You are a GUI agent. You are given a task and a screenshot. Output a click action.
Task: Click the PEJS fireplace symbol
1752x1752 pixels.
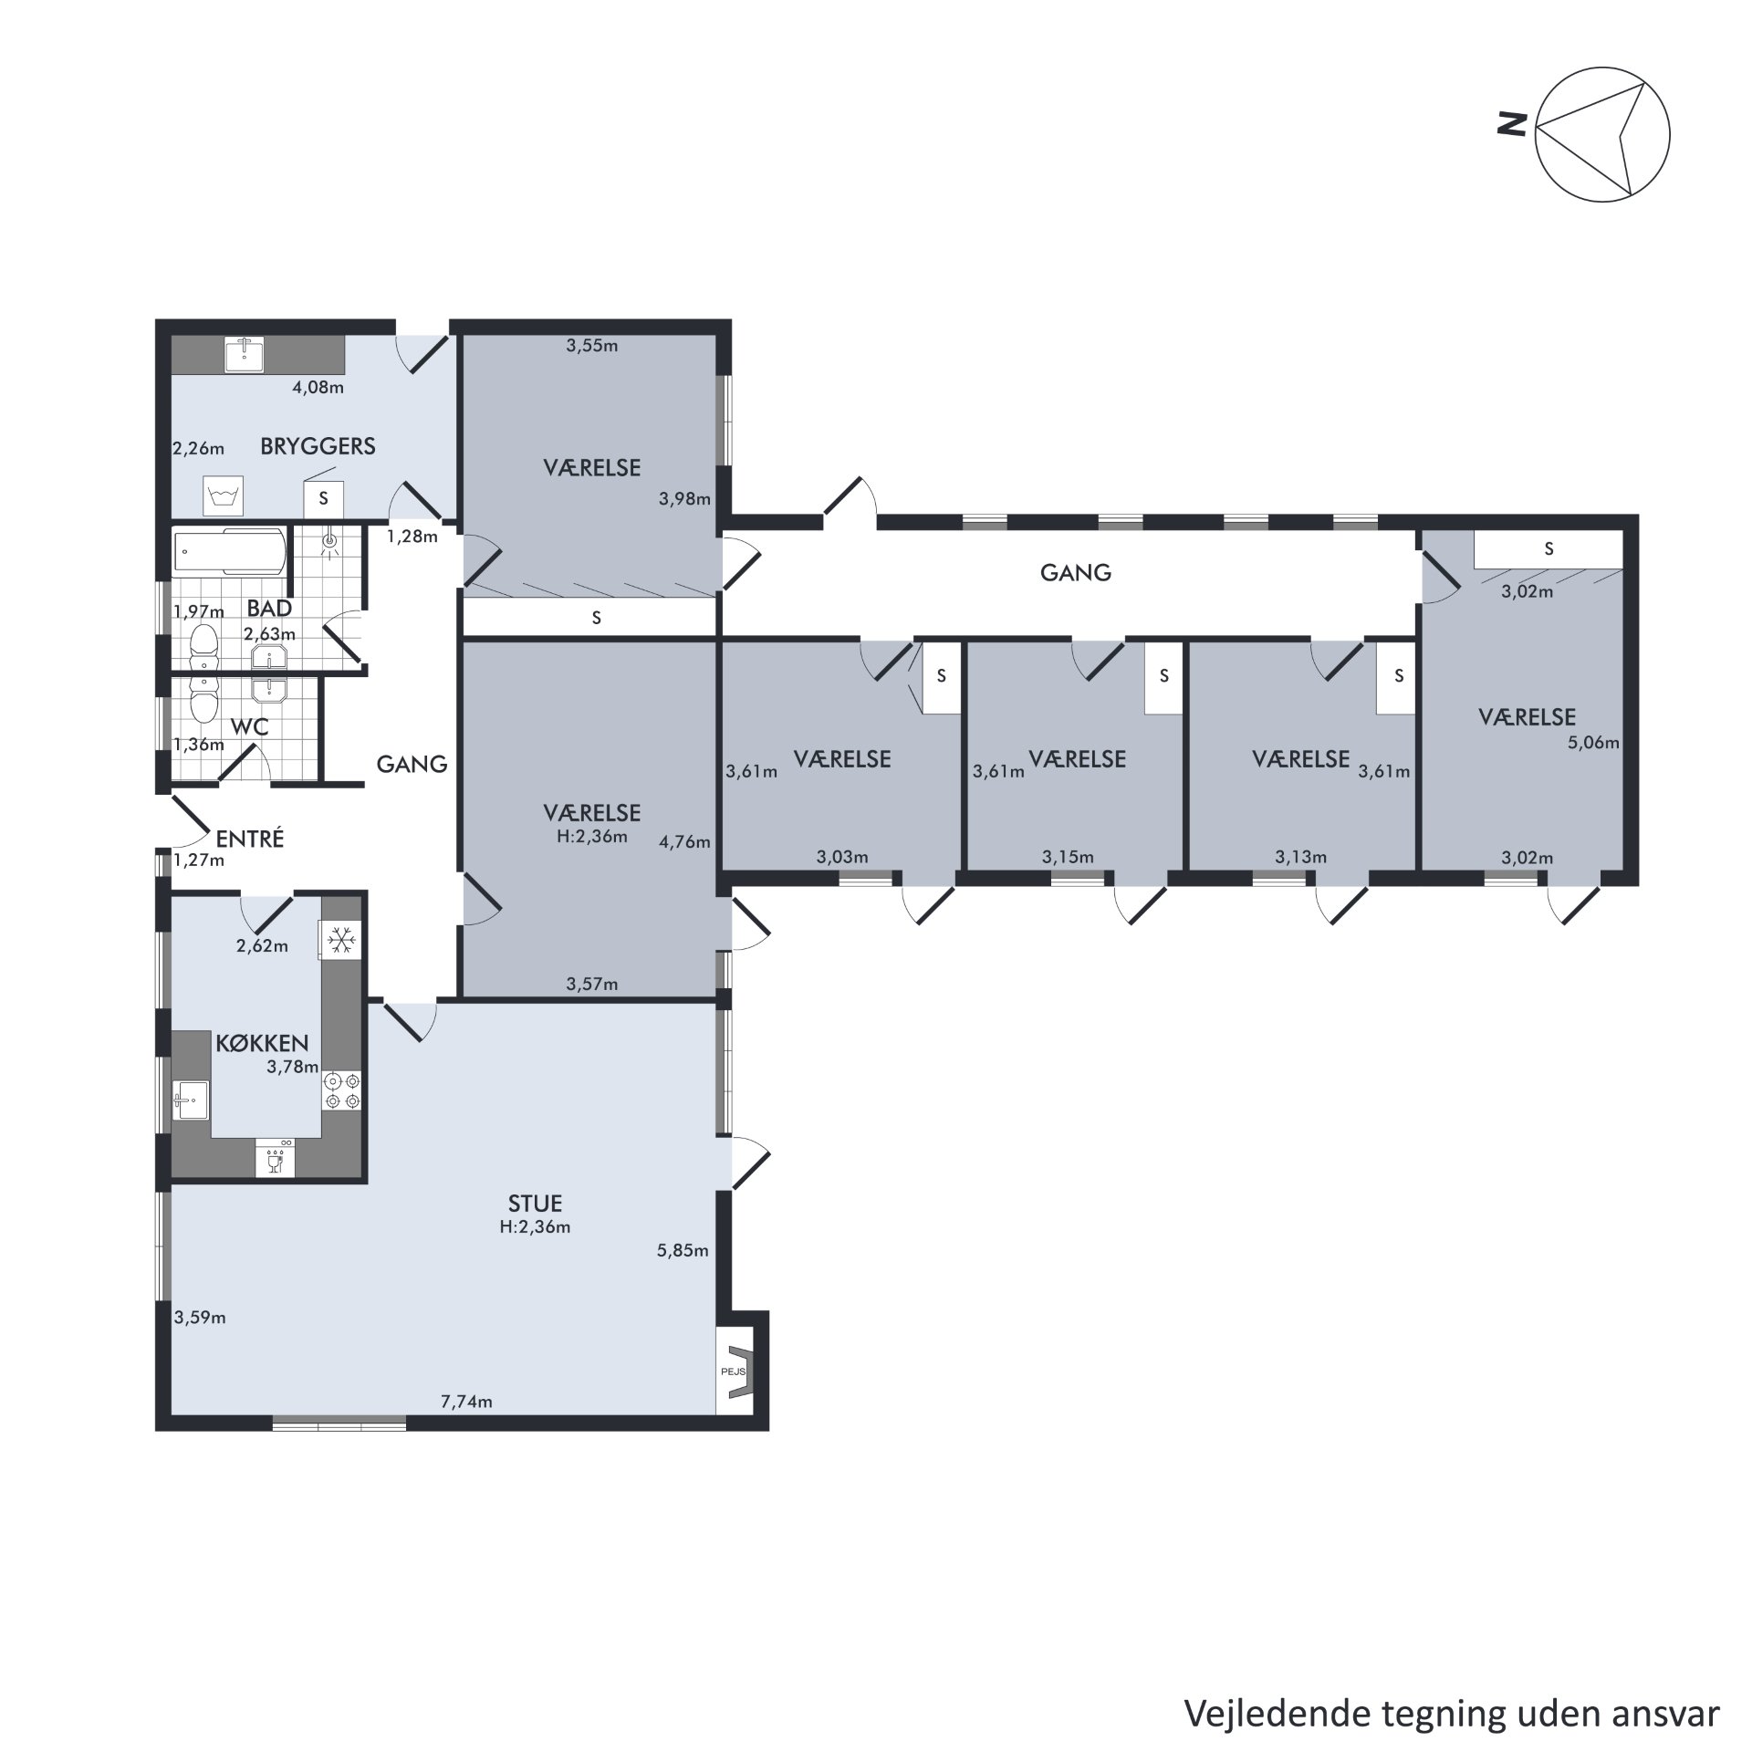click(735, 1371)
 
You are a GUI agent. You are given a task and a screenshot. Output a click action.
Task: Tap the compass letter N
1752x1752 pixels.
click(1512, 124)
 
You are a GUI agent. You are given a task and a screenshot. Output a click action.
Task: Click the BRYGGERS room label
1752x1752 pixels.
click(318, 446)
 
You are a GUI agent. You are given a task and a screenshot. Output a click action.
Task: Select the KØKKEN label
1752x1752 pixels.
click(262, 1043)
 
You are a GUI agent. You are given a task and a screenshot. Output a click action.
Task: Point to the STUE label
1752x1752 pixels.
click(535, 1204)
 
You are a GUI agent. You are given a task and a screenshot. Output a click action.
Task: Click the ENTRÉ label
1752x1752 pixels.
click(250, 839)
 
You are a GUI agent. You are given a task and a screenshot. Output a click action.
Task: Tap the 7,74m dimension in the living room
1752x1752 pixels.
click(466, 1402)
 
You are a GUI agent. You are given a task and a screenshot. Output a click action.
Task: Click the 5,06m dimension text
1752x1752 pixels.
click(1593, 743)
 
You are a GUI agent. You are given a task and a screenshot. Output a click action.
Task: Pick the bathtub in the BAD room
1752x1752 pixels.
click(230, 552)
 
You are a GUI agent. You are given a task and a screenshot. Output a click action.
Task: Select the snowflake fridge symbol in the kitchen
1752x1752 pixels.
click(340, 940)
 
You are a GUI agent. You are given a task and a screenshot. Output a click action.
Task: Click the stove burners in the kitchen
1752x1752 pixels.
click(341, 1091)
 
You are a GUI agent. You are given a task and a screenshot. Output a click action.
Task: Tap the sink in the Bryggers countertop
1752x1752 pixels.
click(245, 355)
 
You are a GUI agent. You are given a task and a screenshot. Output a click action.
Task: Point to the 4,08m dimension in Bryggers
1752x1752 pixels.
click(318, 387)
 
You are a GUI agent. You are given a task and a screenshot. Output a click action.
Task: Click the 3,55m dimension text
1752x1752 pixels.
click(592, 346)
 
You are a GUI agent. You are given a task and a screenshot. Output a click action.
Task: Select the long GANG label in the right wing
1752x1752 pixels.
click(1076, 573)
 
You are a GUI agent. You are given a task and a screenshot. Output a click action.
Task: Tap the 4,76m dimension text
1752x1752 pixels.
click(684, 842)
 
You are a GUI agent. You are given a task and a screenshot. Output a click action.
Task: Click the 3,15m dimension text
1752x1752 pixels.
click(1068, 857)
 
